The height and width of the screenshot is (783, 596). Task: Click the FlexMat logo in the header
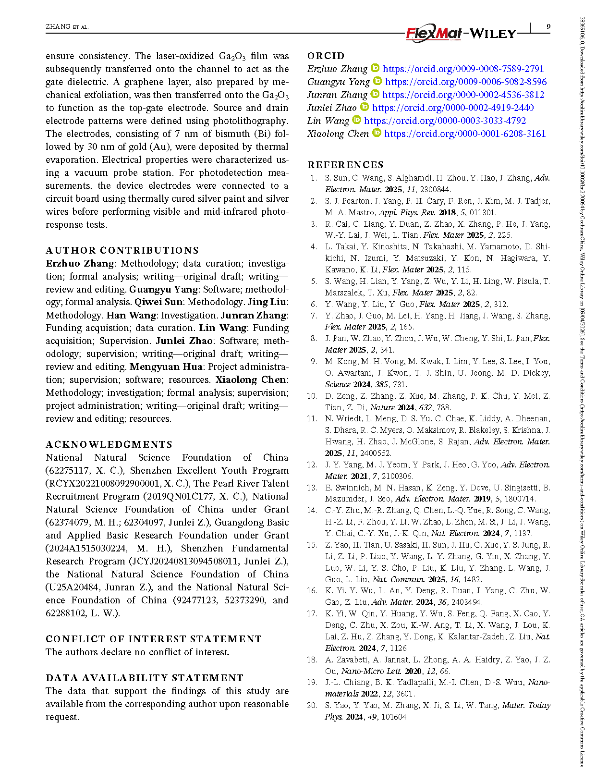coord(434,33)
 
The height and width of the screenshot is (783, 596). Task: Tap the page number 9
coord(548,27)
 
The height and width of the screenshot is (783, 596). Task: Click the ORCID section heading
coord(326,56)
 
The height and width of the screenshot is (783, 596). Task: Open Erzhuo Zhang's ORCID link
coord(463,69)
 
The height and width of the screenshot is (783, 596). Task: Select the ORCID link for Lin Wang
coord(445,121)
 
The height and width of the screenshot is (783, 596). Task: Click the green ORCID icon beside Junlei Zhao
coord(365,107)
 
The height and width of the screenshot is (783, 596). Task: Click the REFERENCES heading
coord(345,165)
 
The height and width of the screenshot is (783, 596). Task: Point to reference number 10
coord(312,396)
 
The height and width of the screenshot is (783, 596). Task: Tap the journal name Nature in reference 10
coord(382,407)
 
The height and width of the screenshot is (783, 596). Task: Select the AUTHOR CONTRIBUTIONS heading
coord(122,250)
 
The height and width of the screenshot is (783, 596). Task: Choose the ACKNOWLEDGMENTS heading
coord(109,444)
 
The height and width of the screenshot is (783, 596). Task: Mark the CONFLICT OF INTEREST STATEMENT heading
coord(154,639)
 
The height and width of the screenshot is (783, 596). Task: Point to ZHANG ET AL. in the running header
coord(67,27)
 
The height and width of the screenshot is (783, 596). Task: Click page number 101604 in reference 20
coord(394,717)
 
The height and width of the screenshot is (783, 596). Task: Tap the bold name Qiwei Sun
coord(158,302)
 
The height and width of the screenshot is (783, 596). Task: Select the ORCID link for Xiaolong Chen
coord(465,134)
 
